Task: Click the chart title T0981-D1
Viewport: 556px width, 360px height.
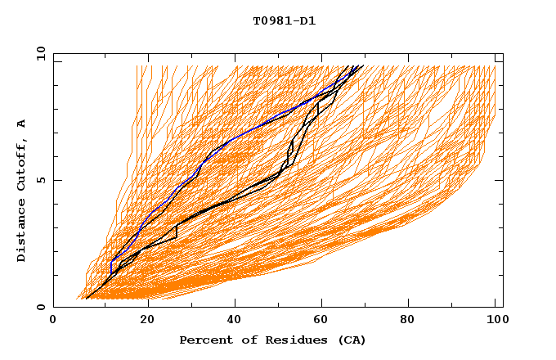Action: click(284, 20)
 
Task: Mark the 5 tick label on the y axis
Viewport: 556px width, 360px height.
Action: click(40, 180)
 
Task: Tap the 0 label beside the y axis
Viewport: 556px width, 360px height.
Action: click(40, 307)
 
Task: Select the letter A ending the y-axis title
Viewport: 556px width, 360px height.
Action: click(21, 123)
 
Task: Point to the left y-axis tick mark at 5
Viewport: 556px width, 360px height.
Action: click(56, 180)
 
